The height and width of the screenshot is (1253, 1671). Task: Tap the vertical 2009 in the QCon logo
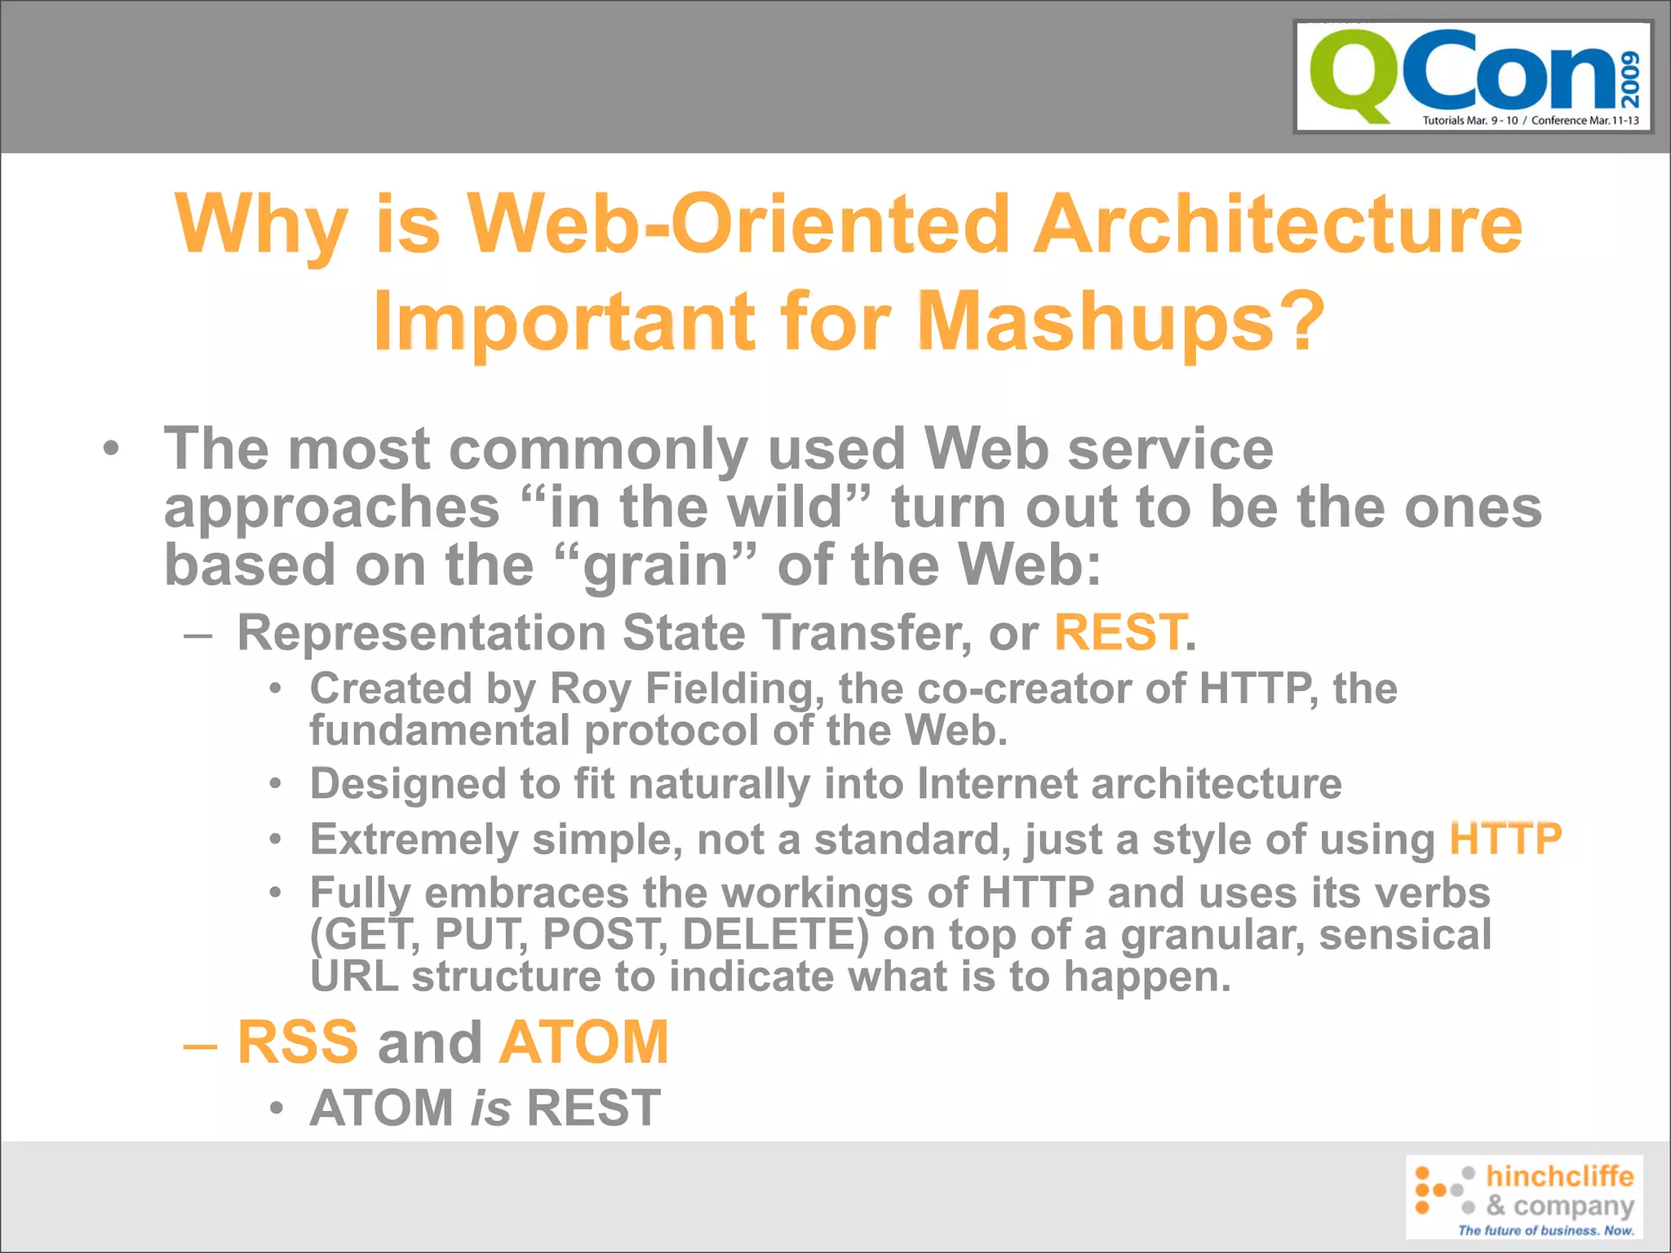[1629, 79]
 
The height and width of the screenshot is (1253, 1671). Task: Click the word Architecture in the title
[1278, 224]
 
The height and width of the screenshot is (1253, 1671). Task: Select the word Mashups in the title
[1096, 322]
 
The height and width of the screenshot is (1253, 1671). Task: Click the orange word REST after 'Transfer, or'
[1119, 632]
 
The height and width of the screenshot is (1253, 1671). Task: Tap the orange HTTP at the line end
[1505, 839]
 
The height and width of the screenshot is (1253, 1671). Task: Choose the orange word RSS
[298, 1042]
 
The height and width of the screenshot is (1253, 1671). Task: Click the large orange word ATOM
[584, 1042]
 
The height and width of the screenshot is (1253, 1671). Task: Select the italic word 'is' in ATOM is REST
[490, 1108]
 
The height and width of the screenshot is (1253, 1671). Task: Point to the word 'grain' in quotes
[656, 565]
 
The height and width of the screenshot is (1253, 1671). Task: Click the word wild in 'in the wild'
[784, 507]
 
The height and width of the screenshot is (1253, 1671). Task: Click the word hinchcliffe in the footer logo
[1559, 1176]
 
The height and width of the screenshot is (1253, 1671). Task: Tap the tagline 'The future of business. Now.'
[1545, 1230]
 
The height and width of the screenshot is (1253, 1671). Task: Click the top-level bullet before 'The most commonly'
[112, 449]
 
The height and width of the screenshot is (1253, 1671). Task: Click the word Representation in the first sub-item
[422, 632]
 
